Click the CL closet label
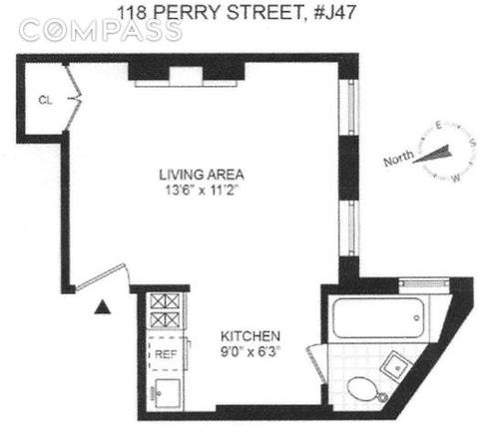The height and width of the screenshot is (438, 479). (45, 100)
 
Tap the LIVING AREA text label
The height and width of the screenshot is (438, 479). (202, 175)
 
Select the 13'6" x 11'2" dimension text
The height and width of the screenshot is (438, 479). (203, 191)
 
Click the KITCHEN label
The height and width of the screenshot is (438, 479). (250, 336)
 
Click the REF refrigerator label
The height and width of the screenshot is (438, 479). (166, 354)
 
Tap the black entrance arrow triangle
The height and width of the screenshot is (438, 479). (103, 306)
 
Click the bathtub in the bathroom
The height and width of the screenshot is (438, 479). (378, 318)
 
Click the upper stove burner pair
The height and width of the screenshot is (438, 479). (165, 301)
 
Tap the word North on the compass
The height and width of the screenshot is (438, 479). (398, 159)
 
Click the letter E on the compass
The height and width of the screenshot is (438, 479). (438, 126)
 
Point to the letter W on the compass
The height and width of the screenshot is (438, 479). (456, 178)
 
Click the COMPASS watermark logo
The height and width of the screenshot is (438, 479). (101, 31)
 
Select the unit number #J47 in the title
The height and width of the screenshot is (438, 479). (335, 13)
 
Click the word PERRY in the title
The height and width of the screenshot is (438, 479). (187, 13)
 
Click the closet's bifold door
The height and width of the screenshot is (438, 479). (74, 98)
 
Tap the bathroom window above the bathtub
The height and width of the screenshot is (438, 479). (423, 283)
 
